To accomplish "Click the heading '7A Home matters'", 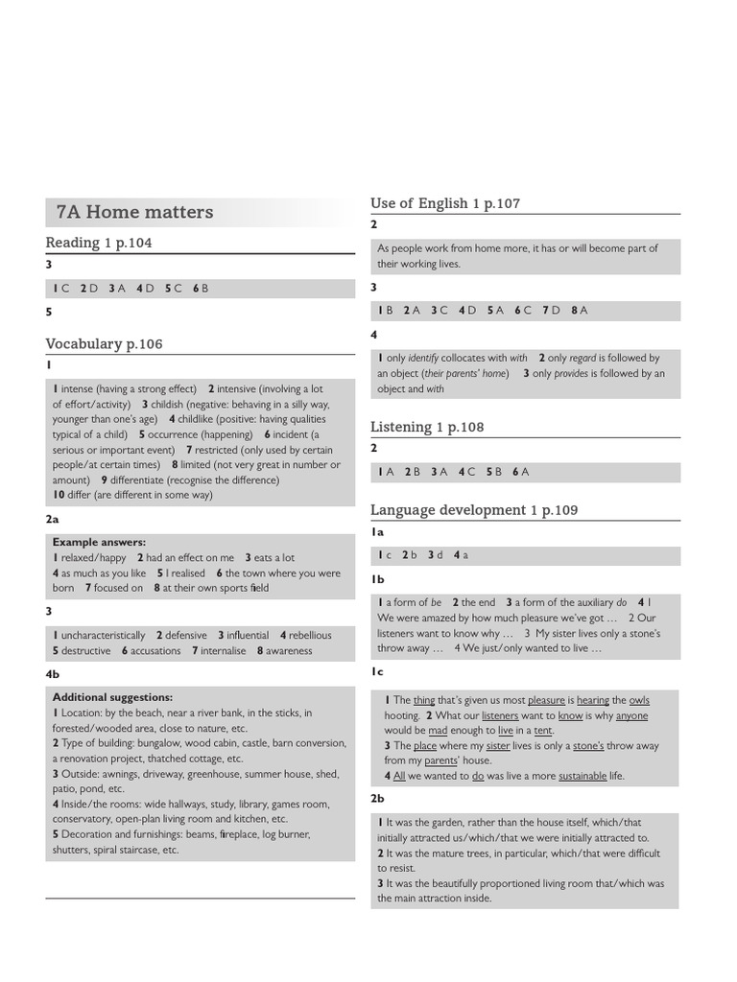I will click(x=134, y=212).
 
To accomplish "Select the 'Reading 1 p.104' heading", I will click(x=99, y=243).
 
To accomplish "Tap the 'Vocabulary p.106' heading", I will click(x=105, y=343).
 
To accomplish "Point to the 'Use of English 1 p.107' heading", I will click(x=445, y=203).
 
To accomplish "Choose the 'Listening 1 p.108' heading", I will click(x=427, y=427).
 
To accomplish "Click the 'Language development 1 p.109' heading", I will click(x=474, y=510).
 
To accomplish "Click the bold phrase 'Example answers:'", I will click(x=99, y=542).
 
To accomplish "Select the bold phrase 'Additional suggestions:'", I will click(x=112, y=697).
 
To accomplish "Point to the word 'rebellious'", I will click(x=310, y=635).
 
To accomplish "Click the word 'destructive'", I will click(x=86, y=650).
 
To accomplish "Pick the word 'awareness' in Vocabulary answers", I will click(x=289, y=650).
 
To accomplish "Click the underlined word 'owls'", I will click(x=639, y=700).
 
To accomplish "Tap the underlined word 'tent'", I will click(x=543, y=730).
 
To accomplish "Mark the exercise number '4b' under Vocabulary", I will click(x=52, y=674).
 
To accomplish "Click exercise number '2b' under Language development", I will click(x=377, y=798).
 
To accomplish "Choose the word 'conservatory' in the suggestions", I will click(x=83, y=819).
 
